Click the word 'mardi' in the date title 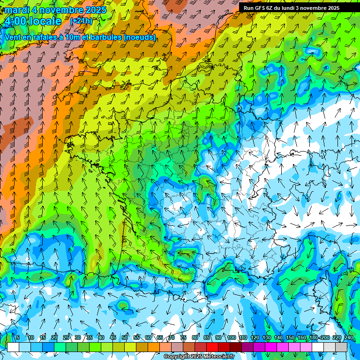click(17, 10)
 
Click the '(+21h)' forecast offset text click(81, 21)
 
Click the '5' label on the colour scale click(18, 337)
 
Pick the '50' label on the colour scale click(125, 337)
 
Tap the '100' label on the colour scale click(231, 337)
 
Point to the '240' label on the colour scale click(348, 337)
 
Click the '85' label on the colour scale click(207, 337)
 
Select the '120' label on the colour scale click(255, 337)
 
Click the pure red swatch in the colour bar click(212, 347)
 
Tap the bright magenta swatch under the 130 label click(271, 347)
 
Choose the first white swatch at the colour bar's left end click(13, 347)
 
